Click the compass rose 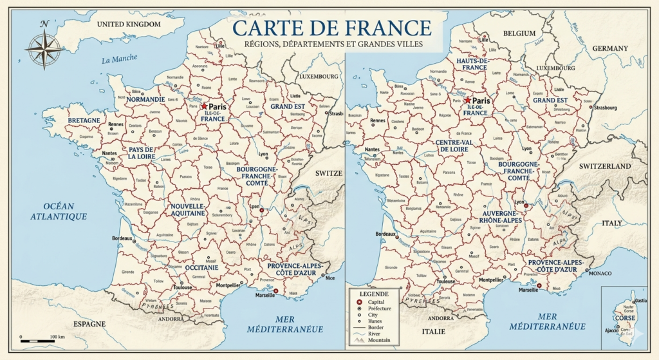[x=44, y=48]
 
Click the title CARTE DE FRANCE [x=331, y=28]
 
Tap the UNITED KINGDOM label [x=128, y=24]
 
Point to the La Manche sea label [x=120, y=59]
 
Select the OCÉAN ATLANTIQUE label [x=58, y=211]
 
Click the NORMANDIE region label [x=145, y=100]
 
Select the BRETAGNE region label [x=84, y=120]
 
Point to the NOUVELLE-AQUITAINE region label [x=187, y=209]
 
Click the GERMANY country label [x=609, y=48]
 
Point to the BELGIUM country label [x=519, y=33]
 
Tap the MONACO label [x=600, y=273]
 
